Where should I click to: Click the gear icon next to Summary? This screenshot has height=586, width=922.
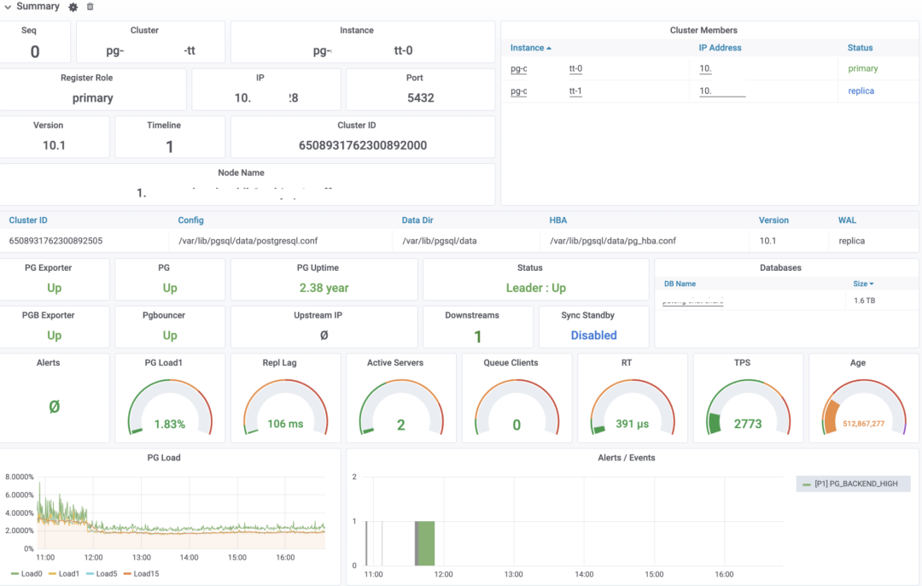coord(73,7)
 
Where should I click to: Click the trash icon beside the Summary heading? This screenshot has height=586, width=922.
coord(90,7)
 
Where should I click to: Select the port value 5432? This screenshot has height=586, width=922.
coord(420,97)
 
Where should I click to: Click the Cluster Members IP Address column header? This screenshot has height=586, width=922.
coord(720,48)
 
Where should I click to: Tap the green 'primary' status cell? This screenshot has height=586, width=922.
coord(862,68)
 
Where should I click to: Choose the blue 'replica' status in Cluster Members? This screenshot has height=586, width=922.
coord(861,91)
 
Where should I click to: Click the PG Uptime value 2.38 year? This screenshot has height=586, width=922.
coord(324,288)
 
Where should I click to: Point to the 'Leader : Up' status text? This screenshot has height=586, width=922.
coord(535,288)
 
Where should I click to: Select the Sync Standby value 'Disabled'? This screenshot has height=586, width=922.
coord(593,336)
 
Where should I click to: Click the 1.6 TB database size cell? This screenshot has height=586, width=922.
coord(864,302)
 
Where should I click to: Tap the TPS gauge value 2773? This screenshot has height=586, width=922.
coord(748,424)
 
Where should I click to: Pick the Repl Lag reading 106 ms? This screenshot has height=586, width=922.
coord(285,424)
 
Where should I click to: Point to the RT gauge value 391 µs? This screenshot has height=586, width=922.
coord(633,424)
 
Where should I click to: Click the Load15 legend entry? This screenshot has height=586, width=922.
coord(144,573)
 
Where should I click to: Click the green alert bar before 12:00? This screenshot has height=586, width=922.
coord(425,542)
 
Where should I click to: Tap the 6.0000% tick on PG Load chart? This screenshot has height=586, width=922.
coord(20,495)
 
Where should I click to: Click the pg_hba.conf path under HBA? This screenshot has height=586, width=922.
coord(613,241)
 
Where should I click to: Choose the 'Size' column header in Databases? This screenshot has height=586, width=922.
coord(863,284)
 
